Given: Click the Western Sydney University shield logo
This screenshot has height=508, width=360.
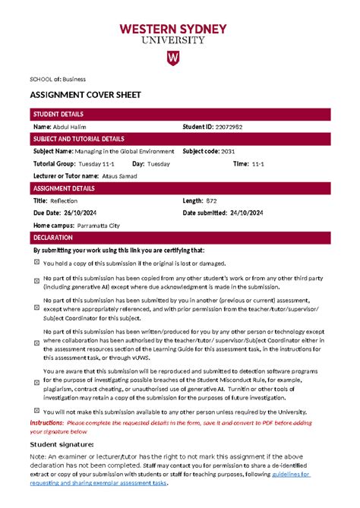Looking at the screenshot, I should click(172, 58).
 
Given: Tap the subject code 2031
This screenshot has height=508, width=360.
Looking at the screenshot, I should click(228, 151).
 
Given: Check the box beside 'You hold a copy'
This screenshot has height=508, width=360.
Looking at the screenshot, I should click(36, 263).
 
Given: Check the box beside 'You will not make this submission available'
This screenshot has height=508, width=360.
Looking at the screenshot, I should click(36, 411).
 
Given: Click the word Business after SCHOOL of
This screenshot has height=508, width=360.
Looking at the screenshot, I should click(74, 78).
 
